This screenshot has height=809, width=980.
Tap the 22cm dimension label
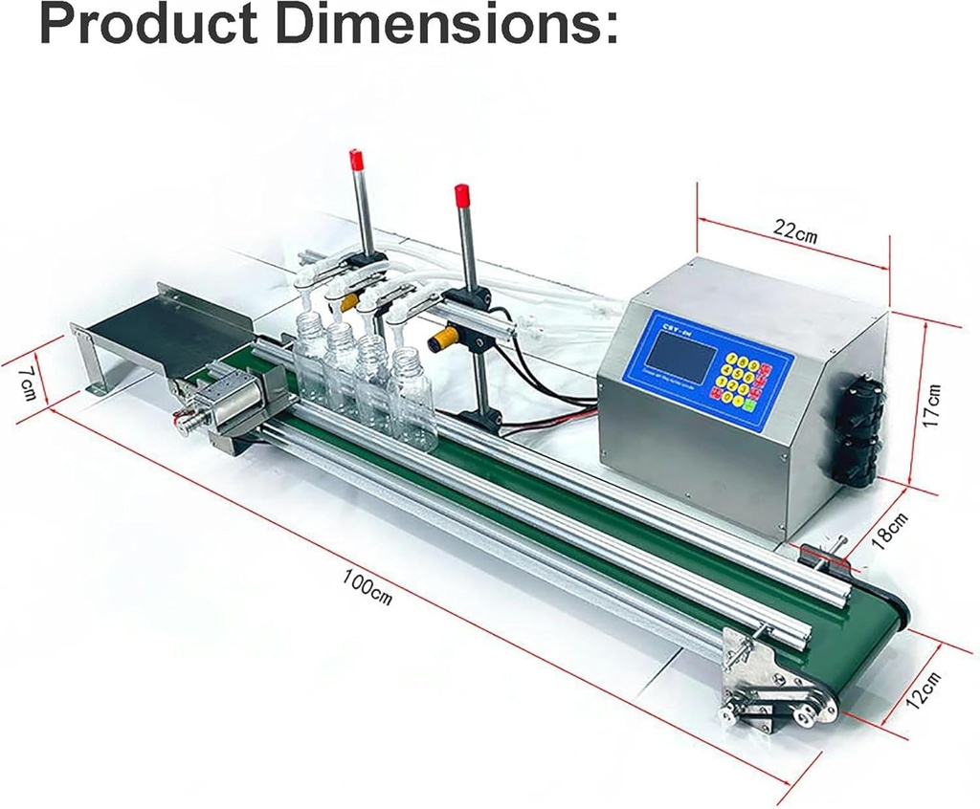coord(795,231)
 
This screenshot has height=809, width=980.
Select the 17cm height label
coord(933,405)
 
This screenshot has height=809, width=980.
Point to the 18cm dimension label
coord(888,530)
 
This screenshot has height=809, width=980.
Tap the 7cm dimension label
coord(29,382)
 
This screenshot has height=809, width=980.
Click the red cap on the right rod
coord(462,195)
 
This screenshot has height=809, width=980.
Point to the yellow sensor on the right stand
coord(444,339)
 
